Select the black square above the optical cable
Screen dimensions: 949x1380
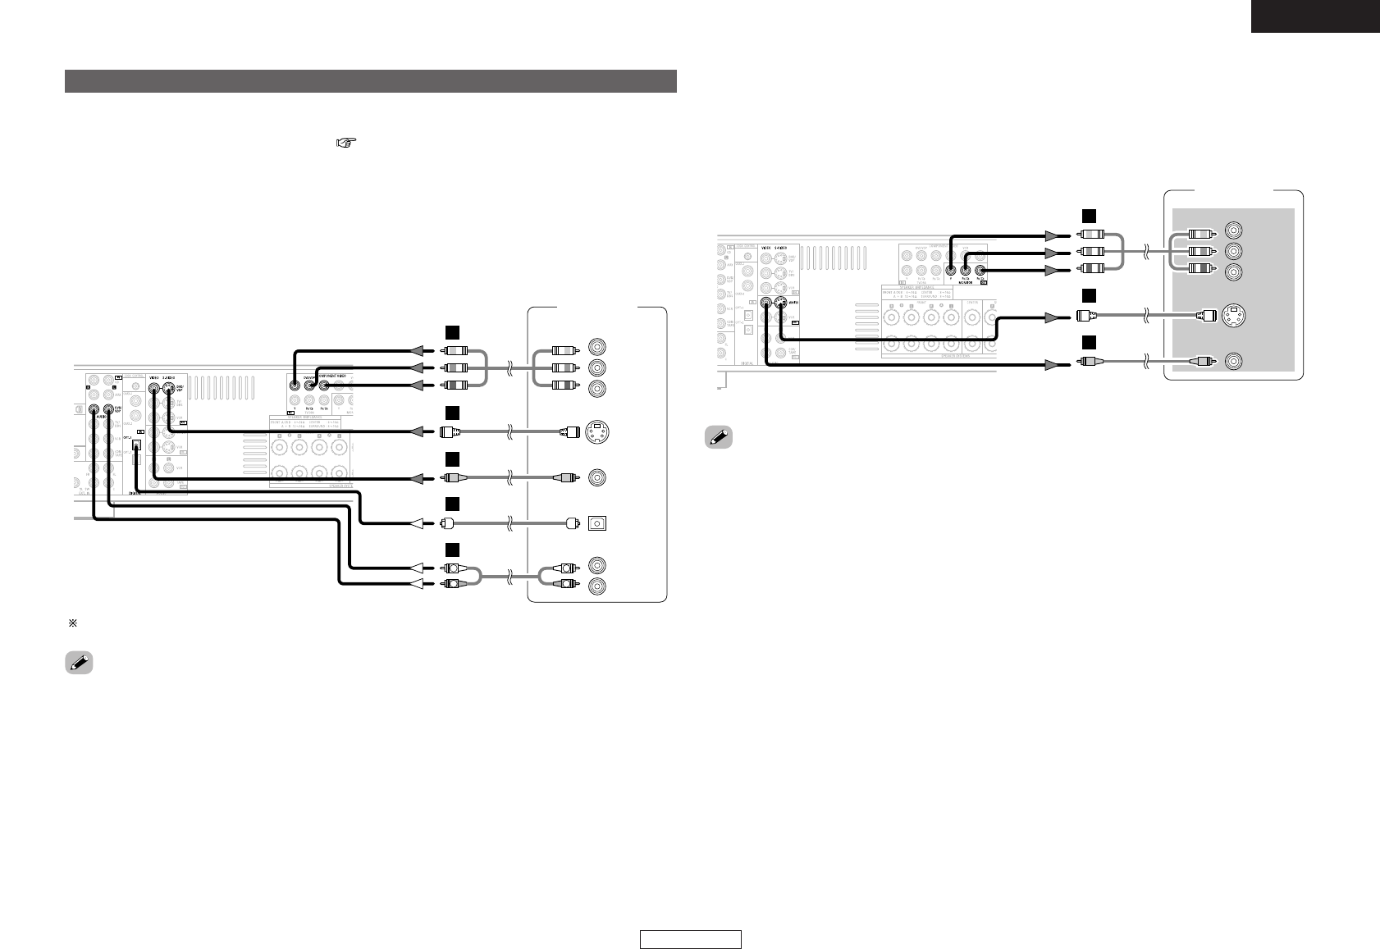[x=450, y=504]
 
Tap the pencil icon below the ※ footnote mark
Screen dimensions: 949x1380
[x=79, y=664]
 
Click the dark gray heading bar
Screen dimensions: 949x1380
[x=370, y=81]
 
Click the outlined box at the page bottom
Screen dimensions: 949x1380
[x=691, y=939]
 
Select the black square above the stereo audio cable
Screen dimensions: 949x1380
[x=450, y=549]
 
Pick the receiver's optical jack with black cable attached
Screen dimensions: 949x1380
[x=137, y=445]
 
